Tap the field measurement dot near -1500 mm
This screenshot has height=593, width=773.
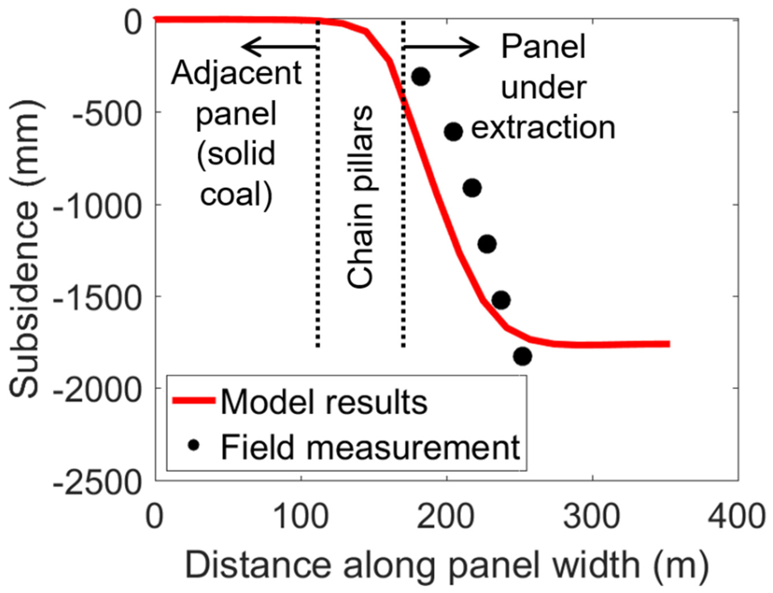501,300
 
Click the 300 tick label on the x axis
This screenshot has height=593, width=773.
592,517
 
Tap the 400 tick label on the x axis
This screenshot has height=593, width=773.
738,517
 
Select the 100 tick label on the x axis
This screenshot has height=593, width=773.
301,517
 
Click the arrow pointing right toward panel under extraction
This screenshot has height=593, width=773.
441,47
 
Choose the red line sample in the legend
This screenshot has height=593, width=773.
193,400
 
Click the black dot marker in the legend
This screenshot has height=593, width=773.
194,445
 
